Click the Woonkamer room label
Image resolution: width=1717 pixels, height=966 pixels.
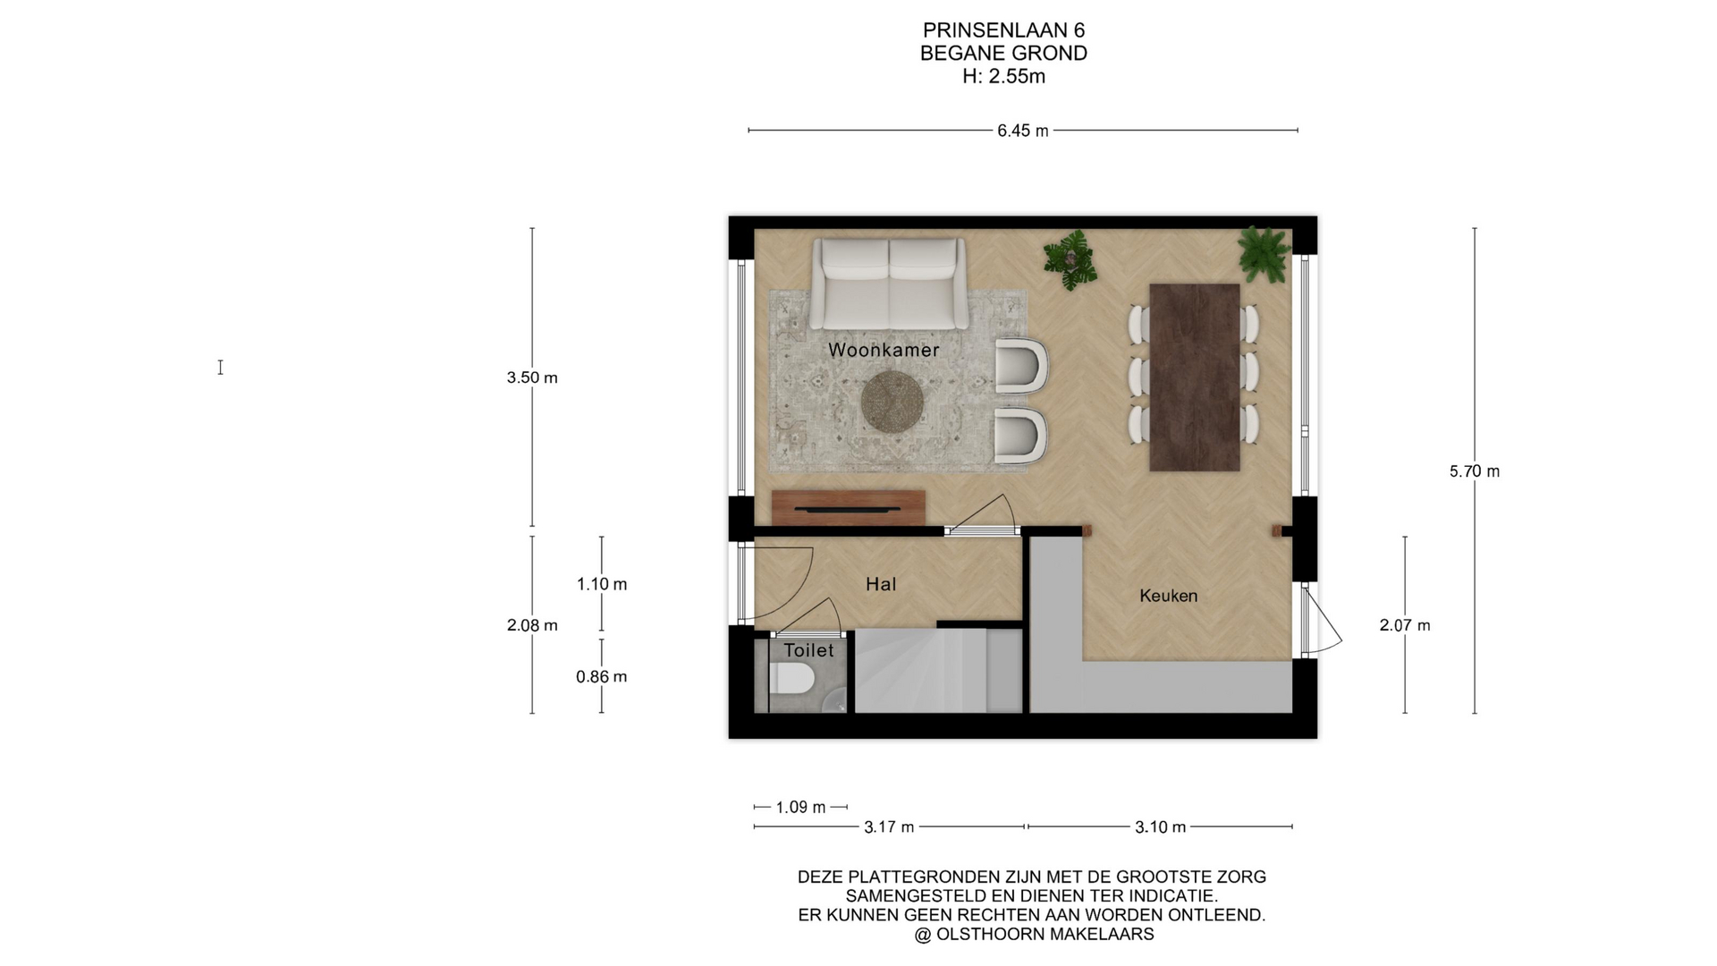pyautogui.click(x=884, y=350)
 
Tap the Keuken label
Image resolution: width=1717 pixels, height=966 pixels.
pyautogui.click(x=1168, y=596)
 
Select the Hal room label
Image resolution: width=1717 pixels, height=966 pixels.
pyautogui.click(x=881, y=584)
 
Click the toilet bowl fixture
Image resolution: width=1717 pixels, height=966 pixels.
pyautogui.click(x=791, y=679)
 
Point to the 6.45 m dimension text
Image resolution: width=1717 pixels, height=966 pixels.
pyautogui.click(x=1023, y=131)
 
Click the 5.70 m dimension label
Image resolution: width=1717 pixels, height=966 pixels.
pyautogui.click(x=1475, y=471)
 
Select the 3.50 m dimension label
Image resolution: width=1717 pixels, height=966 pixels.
pyautogui.click(x=532, y=377)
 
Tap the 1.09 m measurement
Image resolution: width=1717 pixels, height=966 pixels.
pyautogui.click(x=800, y=807)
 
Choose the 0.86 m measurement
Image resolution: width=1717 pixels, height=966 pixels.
pyautogui.click(x=602, y=677)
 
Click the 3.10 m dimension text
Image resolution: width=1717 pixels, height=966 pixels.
pyautogui.click(x=1161, y=827)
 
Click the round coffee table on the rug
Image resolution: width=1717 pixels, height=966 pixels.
pyautogui.click(x=892, y=402)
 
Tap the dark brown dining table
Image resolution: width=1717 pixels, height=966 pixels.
pyautogui.click(x=1195, y=377)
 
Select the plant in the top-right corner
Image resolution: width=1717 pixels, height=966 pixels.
pyautogui.click(x=1264, y=254)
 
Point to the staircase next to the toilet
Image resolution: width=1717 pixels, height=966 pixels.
pyautogui.click(x=938, y=670)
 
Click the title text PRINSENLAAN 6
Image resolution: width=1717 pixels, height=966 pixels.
pyautogui.click(x=1003, y=31)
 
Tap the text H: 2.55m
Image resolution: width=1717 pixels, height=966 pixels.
pyautogui.click(x=1003, y=76)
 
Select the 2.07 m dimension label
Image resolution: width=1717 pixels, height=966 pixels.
pyautogui.click(x=1405, y=626)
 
